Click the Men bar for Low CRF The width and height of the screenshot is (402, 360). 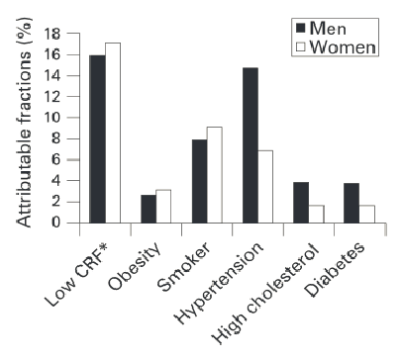[96, 138]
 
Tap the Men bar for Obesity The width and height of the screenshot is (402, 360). [148, 209]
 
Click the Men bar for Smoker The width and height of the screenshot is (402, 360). [198, 181]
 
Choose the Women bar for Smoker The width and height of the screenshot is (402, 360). [214, 175]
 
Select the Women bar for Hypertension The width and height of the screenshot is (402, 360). [265, 186]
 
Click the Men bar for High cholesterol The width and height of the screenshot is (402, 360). [301, 203]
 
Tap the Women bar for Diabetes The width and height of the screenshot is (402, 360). [367, 214]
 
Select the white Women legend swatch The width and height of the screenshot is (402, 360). [300, 46]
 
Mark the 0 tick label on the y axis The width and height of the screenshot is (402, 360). [58, 223]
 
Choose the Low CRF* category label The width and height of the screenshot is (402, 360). [84, 269]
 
